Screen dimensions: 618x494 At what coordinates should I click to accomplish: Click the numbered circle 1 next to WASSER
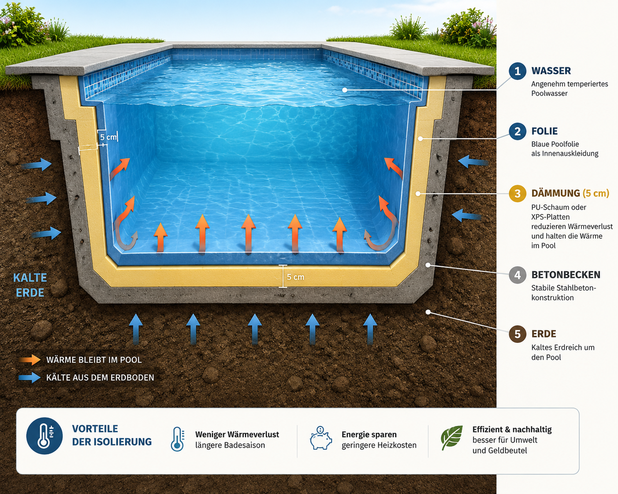(517, 71)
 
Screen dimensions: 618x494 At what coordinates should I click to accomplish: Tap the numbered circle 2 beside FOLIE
(517, 131)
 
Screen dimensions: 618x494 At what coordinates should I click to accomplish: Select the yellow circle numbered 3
(517, 194)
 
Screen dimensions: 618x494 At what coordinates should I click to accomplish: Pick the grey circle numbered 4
(517, 275)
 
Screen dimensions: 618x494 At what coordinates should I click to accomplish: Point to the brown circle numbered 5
(517, 334)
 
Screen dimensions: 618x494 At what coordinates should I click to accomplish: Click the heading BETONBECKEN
(566, 275)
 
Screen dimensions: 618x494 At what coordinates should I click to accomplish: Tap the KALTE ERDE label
(30, 285)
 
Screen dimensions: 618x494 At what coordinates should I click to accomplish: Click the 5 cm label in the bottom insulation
(295, 277)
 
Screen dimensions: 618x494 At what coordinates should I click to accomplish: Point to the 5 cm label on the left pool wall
(108, 137)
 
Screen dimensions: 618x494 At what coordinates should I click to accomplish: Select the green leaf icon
(452, 438)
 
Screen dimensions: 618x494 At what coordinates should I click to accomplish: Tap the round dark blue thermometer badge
(44, 436)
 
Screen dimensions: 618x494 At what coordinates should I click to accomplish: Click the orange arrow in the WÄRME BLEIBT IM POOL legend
(30, 360)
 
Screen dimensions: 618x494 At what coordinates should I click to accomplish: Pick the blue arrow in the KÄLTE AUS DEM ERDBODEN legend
(30, 377)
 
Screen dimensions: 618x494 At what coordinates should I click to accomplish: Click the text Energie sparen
(369, 435)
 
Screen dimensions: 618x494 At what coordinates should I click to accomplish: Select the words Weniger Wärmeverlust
(237, 435)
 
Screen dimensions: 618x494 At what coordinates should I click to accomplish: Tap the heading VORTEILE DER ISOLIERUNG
(112, 435)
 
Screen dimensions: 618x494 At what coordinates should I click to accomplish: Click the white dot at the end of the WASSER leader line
(345, 90)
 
